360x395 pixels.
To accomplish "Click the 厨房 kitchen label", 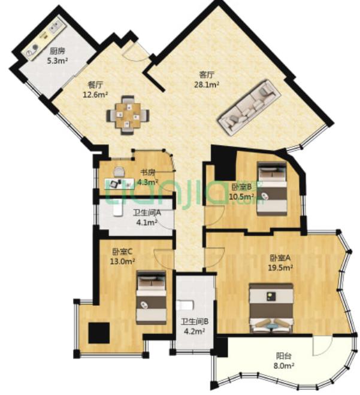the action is pos(58,51).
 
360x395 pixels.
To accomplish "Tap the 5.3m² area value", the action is pos(58,60).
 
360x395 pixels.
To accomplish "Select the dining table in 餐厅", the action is pos(128,115).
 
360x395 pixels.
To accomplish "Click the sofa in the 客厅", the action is pos(250,108).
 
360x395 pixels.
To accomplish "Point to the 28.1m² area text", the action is pos(207,85).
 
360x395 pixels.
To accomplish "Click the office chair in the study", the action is pos(119,172).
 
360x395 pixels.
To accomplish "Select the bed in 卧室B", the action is pos(272,189).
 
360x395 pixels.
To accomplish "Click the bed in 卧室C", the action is pos(152,297).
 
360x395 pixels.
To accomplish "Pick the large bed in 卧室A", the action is pos(271,308).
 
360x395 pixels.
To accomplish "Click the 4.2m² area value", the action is pos(194,332).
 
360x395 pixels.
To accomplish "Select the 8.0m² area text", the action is pos(284,366).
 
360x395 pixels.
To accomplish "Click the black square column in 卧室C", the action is pos(99,333).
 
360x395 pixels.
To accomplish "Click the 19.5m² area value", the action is pos(280,268).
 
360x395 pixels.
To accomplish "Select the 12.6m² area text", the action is pos(96,95).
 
